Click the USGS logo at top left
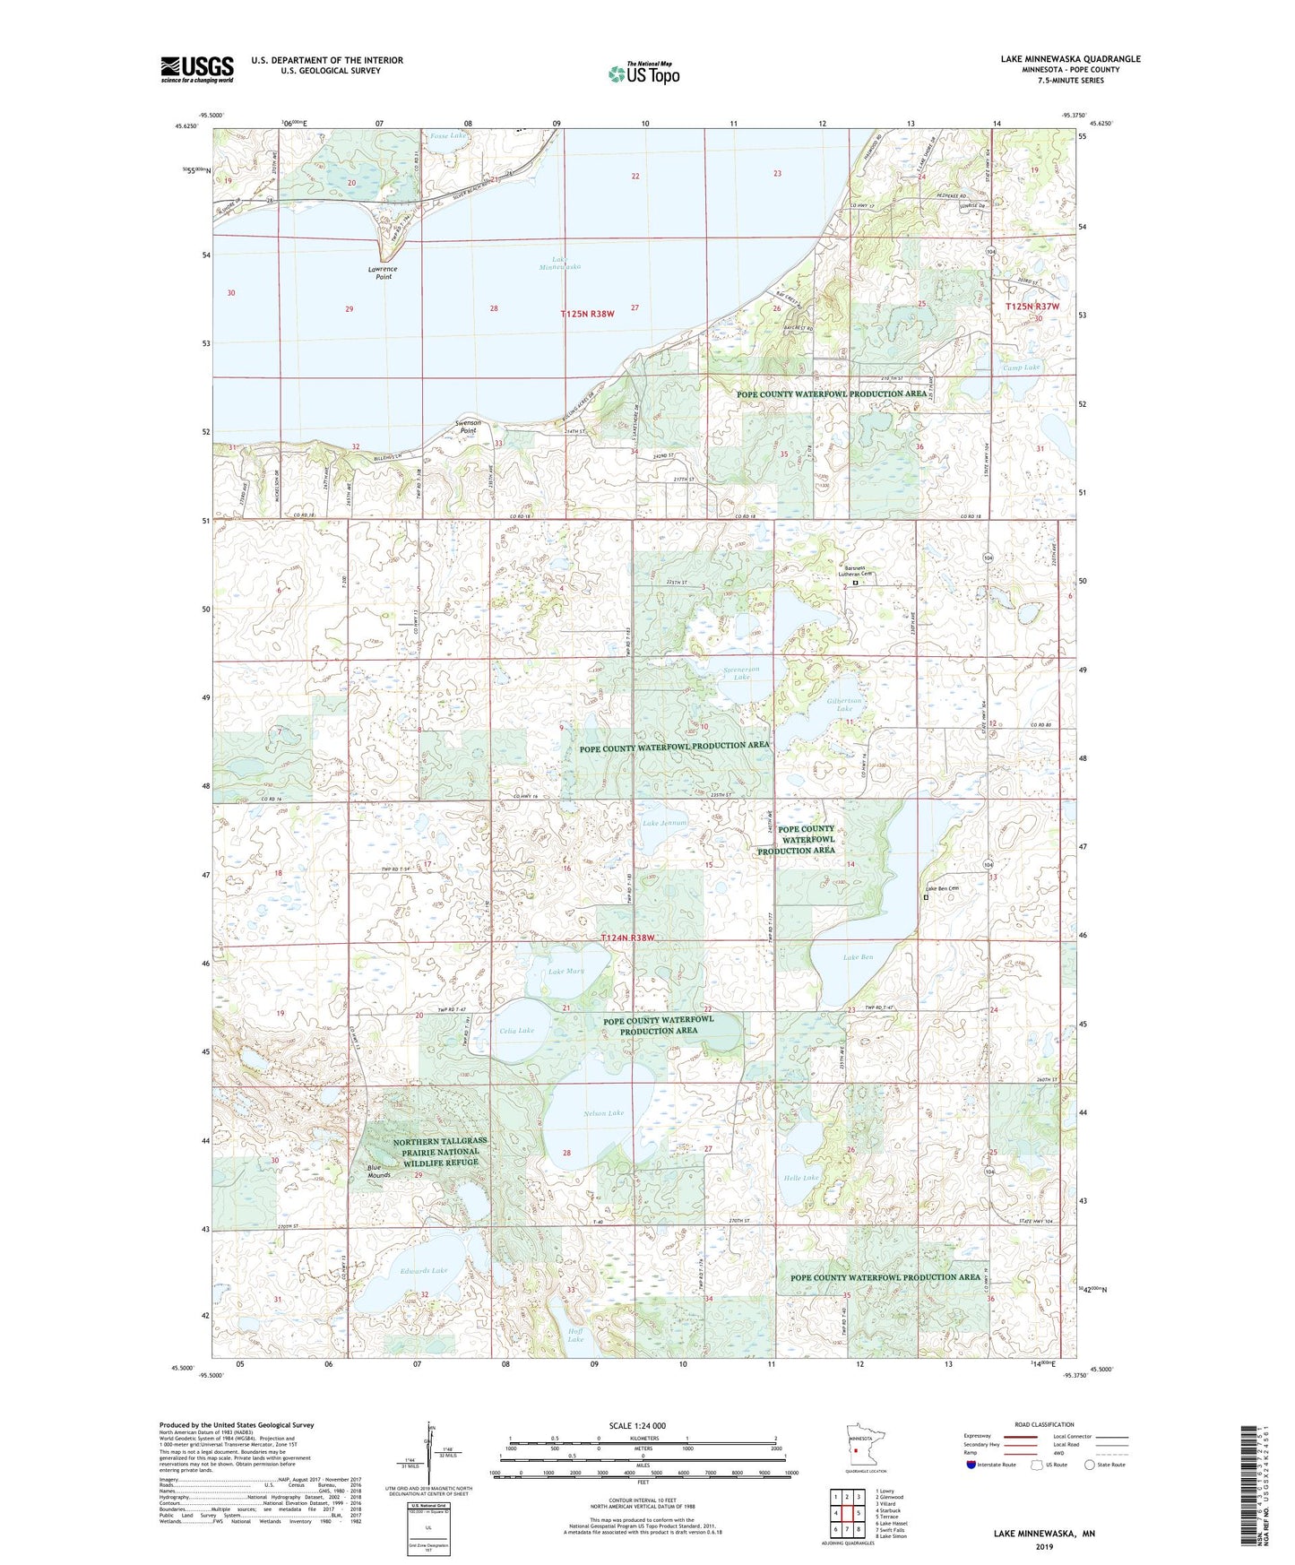(x=196, y=69)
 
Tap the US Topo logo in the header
(x=643, y=73)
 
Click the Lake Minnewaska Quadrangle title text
(x=1070, y=59)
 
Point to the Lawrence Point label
(x=383, y=272)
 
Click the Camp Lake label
(x=1021, y=367)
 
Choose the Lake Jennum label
(x=664, y=823)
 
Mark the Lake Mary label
(x=566, y=972)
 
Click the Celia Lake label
(x=516, y=1030)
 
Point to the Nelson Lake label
(x=603, y=1113)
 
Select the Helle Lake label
(x=800, y=1178)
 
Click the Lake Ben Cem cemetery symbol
(x=926, y=897)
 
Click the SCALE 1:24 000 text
(x=637, y=1425)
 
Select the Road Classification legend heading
(x=1044, y=1424)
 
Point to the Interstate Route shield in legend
(x=971, y=1465)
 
